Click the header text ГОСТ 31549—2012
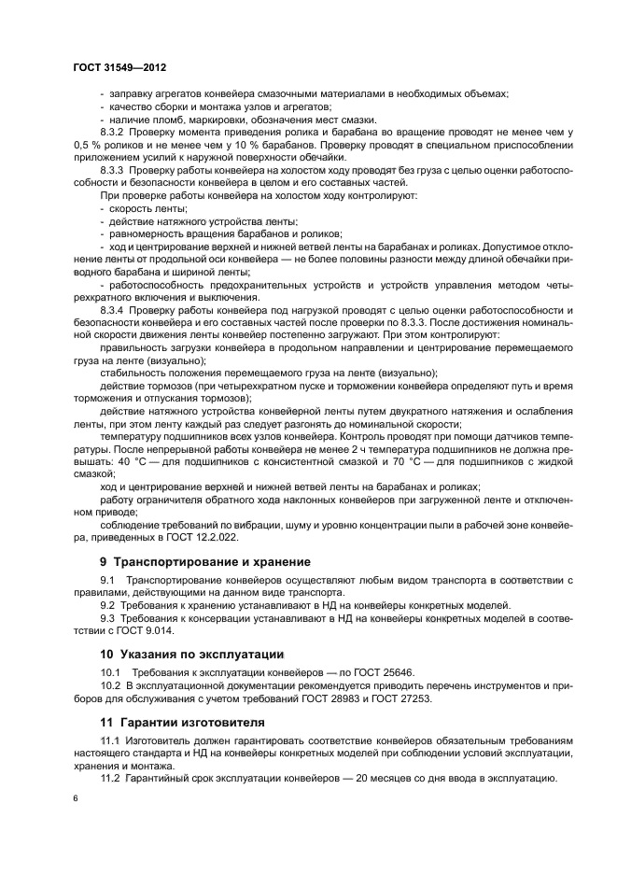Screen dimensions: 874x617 [119, 68]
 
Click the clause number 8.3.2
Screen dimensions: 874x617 [112, 133]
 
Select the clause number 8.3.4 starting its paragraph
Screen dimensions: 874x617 [112, 309]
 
